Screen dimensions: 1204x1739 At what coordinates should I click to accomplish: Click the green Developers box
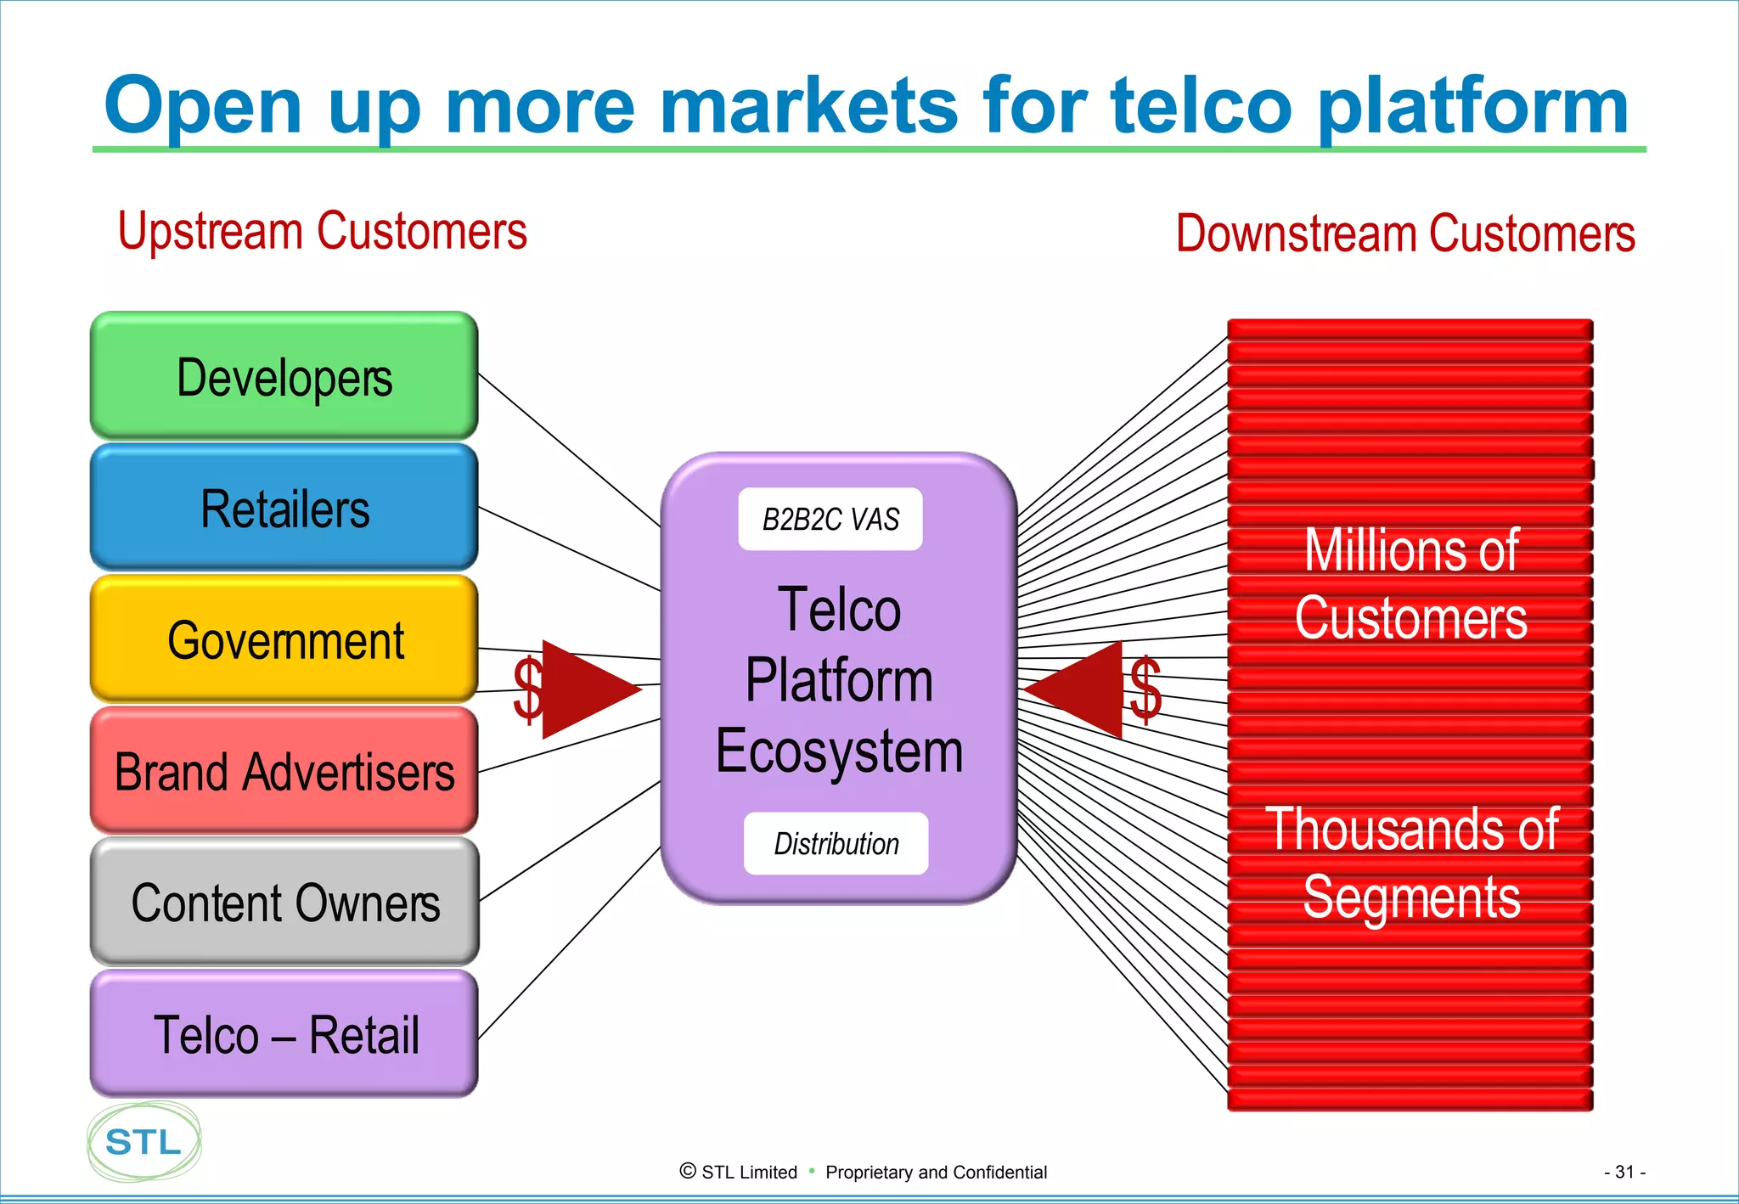click(284, 376)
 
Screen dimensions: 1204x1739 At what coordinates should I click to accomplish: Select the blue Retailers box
click(284, 508)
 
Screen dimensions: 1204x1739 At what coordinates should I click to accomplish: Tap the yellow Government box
click(284, 639)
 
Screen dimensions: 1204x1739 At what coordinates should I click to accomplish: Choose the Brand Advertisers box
click(284, 771)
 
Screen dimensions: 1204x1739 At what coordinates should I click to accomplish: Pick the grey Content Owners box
click(284, 902)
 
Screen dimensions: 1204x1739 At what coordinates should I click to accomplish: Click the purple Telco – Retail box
click(284, 1034)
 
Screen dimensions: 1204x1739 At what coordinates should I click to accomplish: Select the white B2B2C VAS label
click(830, 519)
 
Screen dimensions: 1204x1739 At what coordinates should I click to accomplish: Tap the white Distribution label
click(836, 843)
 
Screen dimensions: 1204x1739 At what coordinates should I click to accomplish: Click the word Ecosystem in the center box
click(839, 751)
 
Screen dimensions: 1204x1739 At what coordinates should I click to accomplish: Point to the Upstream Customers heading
click(322, 231)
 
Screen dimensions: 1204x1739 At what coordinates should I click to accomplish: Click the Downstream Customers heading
click(1404, 233)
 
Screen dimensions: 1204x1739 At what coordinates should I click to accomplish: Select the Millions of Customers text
click(1410, 584)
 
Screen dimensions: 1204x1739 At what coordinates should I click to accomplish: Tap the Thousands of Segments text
click(1410, 863)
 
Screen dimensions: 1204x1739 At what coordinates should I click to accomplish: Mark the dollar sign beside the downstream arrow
click(1145, 689)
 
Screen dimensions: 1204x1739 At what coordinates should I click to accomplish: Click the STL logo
click(144, 1142)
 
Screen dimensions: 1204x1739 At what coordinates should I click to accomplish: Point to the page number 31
click(1624, 1172)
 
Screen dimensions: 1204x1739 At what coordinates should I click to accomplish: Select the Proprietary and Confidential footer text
click(936, 1172)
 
